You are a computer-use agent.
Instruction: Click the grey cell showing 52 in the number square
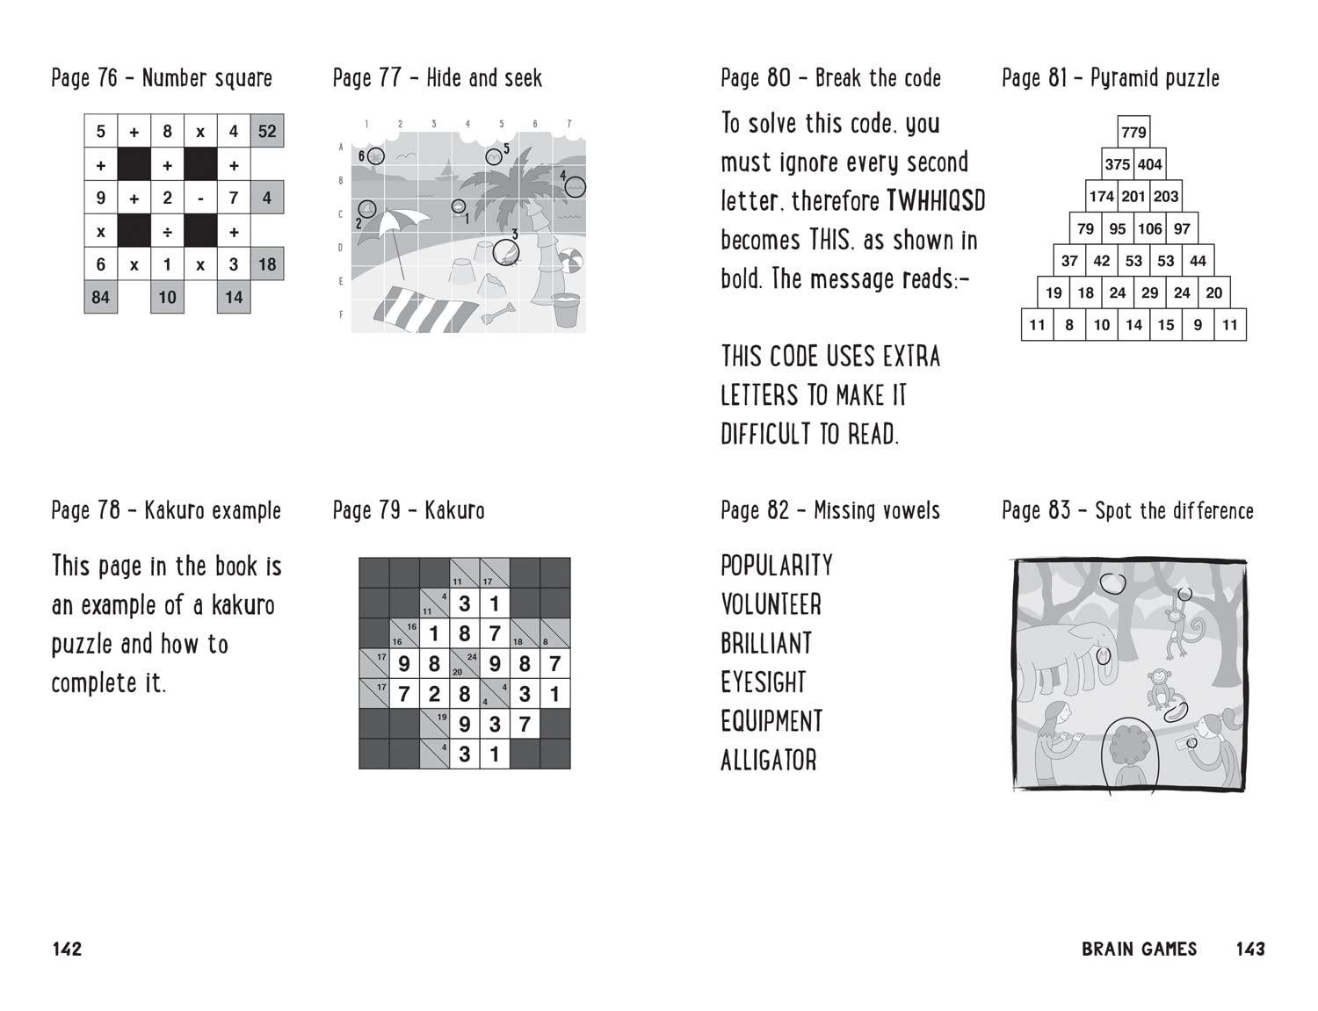pyautogui.click(x=267, y=132)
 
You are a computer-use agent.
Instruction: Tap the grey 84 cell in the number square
pyautogui.click(x=100, y=297)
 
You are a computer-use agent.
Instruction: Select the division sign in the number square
pyautogui.click(x=167, y=232)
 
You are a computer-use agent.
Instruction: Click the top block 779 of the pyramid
pyautogui.click(x=1133, y=132)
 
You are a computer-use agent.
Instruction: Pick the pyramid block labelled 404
pyautogui.click(x=1149, y=164)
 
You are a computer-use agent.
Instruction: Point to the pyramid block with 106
pyautogui.click(x=1149, y=229)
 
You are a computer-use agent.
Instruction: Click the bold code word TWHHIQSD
pyautogui.click(x=936, y=201)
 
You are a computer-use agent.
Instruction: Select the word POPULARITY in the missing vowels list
pyautogui.click(x=777, y=566)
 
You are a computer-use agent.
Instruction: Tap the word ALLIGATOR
pyautogui.click(x=769, y=760)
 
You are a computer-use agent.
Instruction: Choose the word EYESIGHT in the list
pyautogui.click(x=764, y=682)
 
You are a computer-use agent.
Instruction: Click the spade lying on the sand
pyautogui.click(x=499, y=312)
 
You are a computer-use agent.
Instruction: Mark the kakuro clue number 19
pyautogui.click(x=441, y=718)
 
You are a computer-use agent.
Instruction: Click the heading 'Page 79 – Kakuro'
pyautogui.click(x=409, y=510)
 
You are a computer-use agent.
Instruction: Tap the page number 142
pyautogui.click(x=67, y=949)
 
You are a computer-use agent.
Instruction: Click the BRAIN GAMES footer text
pyautogui.click(x=1139, y=949)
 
